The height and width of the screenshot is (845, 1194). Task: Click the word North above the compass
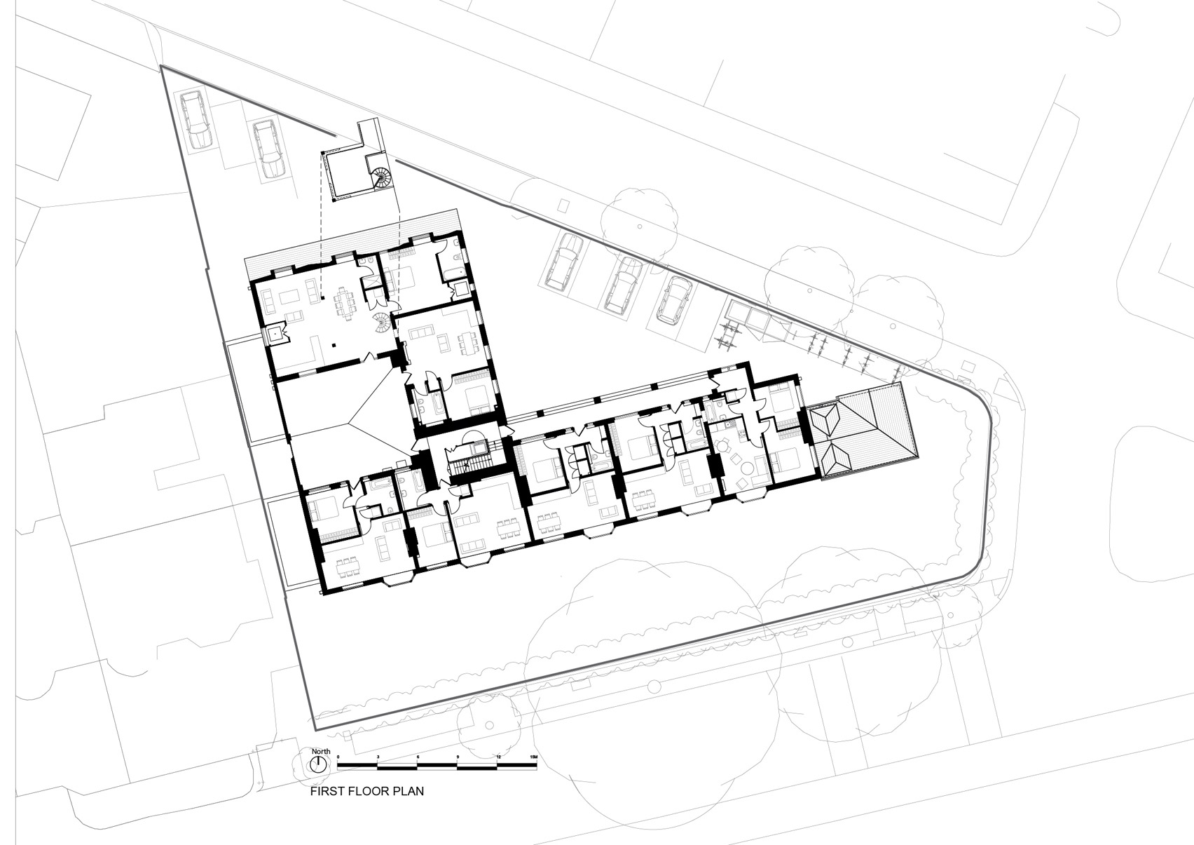(322, 751)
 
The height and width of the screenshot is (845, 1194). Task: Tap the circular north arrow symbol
(318, 764)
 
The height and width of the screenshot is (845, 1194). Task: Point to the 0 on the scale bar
(338, 757)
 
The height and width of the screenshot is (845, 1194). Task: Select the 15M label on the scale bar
(533, 757)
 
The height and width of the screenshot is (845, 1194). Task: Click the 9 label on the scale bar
(458, 757)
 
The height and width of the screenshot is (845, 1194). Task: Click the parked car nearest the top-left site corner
(196, 120)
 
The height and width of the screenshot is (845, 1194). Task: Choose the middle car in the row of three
(622, 286)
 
